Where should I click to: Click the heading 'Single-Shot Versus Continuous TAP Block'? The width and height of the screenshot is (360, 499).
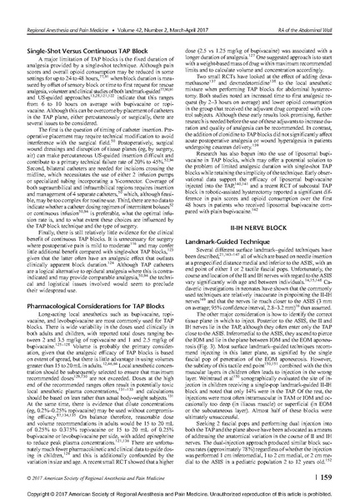point(74,29)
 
